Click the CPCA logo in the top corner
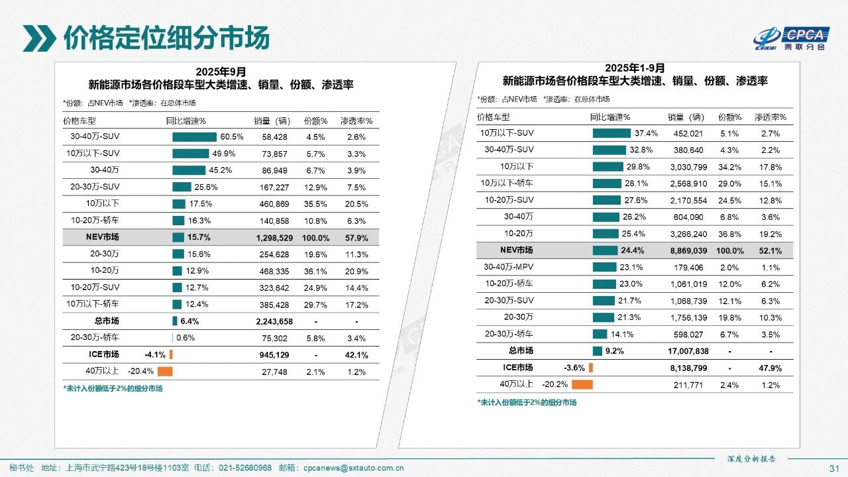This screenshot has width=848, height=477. point(791,38)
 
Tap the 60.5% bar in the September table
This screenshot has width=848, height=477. point(194,136)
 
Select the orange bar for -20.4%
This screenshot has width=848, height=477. point(165,372)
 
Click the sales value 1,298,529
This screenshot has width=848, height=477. point(272,237)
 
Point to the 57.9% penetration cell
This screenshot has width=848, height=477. point(356,237)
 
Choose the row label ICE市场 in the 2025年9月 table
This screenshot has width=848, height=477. point(103,354)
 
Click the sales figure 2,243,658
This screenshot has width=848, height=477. point(272,321)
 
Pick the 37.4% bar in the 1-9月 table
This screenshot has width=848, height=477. point(611,133)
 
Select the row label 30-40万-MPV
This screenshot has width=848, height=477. point(508,267)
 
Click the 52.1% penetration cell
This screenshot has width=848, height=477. point(770,250)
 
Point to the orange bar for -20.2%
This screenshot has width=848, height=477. point(582,384)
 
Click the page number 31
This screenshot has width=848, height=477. point(834,468)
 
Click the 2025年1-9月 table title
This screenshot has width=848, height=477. point(635,68)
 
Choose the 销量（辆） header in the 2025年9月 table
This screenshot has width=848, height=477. point(272,121)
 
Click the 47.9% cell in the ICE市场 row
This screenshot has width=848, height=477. point(770,368)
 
